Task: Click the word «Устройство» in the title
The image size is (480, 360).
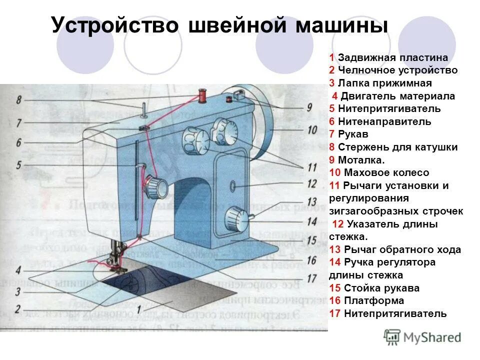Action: click(115, 25)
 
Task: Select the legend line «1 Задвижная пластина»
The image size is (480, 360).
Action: click(388, 57)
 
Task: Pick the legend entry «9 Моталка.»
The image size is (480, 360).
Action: click(357, 160)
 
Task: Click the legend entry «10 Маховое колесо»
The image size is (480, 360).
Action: click(379, 173)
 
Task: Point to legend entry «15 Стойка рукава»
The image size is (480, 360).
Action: click(374, 288)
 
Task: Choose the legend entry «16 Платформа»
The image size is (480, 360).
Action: click(366, 301)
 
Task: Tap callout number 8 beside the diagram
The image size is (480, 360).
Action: click(18, 100)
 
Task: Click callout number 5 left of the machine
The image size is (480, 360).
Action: click(18, 164)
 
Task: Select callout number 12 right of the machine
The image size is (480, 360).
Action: click(311, 183)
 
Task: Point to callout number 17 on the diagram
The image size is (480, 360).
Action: click(311, 277)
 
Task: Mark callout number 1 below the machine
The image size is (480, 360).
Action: click(138, 308)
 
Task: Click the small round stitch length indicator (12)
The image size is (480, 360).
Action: click(233, 186)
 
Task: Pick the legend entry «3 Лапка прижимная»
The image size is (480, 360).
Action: click(380, 83)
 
